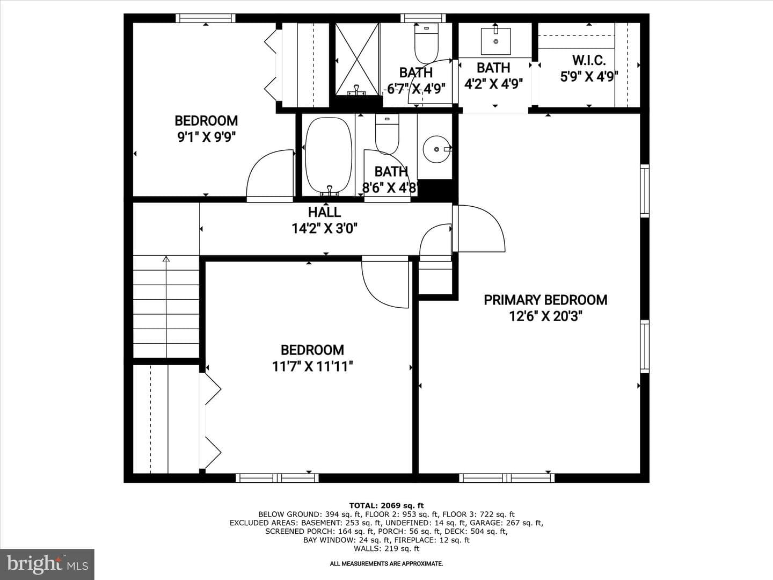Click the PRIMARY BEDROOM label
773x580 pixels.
[545, 300]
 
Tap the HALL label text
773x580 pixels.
[324, 212]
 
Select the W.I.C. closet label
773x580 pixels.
[589, 61]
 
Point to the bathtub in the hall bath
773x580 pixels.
[329, 156]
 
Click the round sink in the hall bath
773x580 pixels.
[436, 149]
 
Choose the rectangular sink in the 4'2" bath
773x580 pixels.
[496, 41]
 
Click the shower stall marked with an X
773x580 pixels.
[357, 59]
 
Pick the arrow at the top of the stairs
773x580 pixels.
[166, 259]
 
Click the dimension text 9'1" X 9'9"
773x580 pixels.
[206, 137]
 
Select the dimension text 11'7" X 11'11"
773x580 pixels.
[312, 367]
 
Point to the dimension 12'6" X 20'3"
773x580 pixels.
[545, 316]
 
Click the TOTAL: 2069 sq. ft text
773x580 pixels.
[386, 506]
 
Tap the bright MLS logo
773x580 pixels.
[47, 564]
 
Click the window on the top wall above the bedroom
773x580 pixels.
[206, 18]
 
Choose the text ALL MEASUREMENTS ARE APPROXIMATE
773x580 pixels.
[386, 564]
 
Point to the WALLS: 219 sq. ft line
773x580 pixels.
[386, 548]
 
